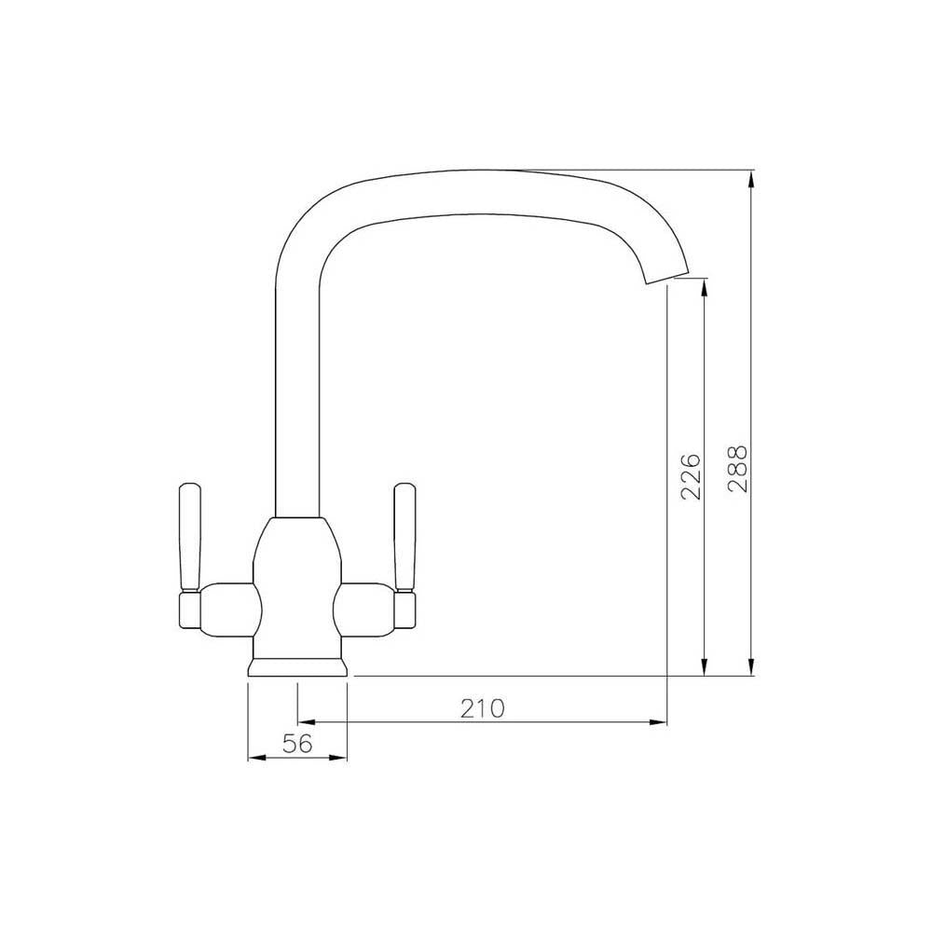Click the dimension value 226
click(690, 477)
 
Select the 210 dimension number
click(482, 708)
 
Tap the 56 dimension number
click(296, 743)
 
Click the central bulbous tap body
click(297, 578)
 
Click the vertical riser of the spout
click(297, 391)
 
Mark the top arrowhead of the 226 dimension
click(705, 288)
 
